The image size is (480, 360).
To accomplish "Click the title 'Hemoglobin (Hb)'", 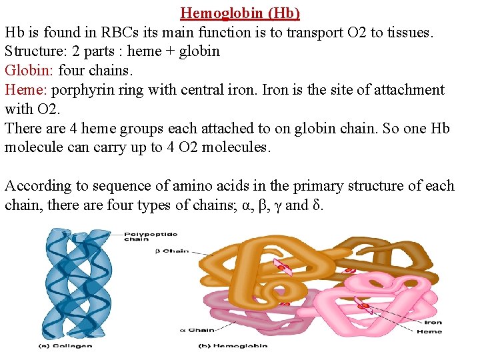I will pyautogui.click(x=240, y=13).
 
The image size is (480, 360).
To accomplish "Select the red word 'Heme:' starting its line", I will pyautogui.click(x=26, y=89).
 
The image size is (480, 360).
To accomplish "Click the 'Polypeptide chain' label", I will pyautogui.click(x=142, y=237).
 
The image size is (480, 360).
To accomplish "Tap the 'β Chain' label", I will pyautogui.click(x=176, y=252).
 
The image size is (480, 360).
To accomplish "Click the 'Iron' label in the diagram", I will pyautogui.click(x=433, y=323).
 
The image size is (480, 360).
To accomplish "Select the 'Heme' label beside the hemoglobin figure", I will pyautogui.click(x=429, y=331).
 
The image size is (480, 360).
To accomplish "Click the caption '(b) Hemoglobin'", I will pyautogui.click(x=233, y=345).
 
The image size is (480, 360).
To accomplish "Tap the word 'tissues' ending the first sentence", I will pyautogui.click(x=409, y=32).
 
